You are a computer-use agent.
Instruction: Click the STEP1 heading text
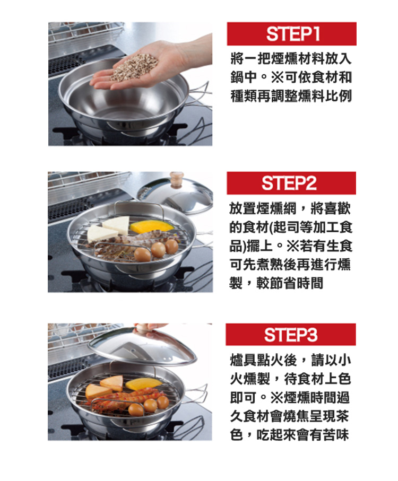[x=293, y=34]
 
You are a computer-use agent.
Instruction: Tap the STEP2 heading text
[x=289, y=183]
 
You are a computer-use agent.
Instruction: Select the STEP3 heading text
[x=291, y=335]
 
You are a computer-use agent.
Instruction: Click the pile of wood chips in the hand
[x=134, y=67]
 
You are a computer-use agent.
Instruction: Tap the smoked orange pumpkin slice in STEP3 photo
[x=143, y=383]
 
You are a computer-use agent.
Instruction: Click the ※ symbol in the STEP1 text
[x=277, y=77]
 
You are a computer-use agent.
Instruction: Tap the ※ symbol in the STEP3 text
[x=278, y=398]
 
